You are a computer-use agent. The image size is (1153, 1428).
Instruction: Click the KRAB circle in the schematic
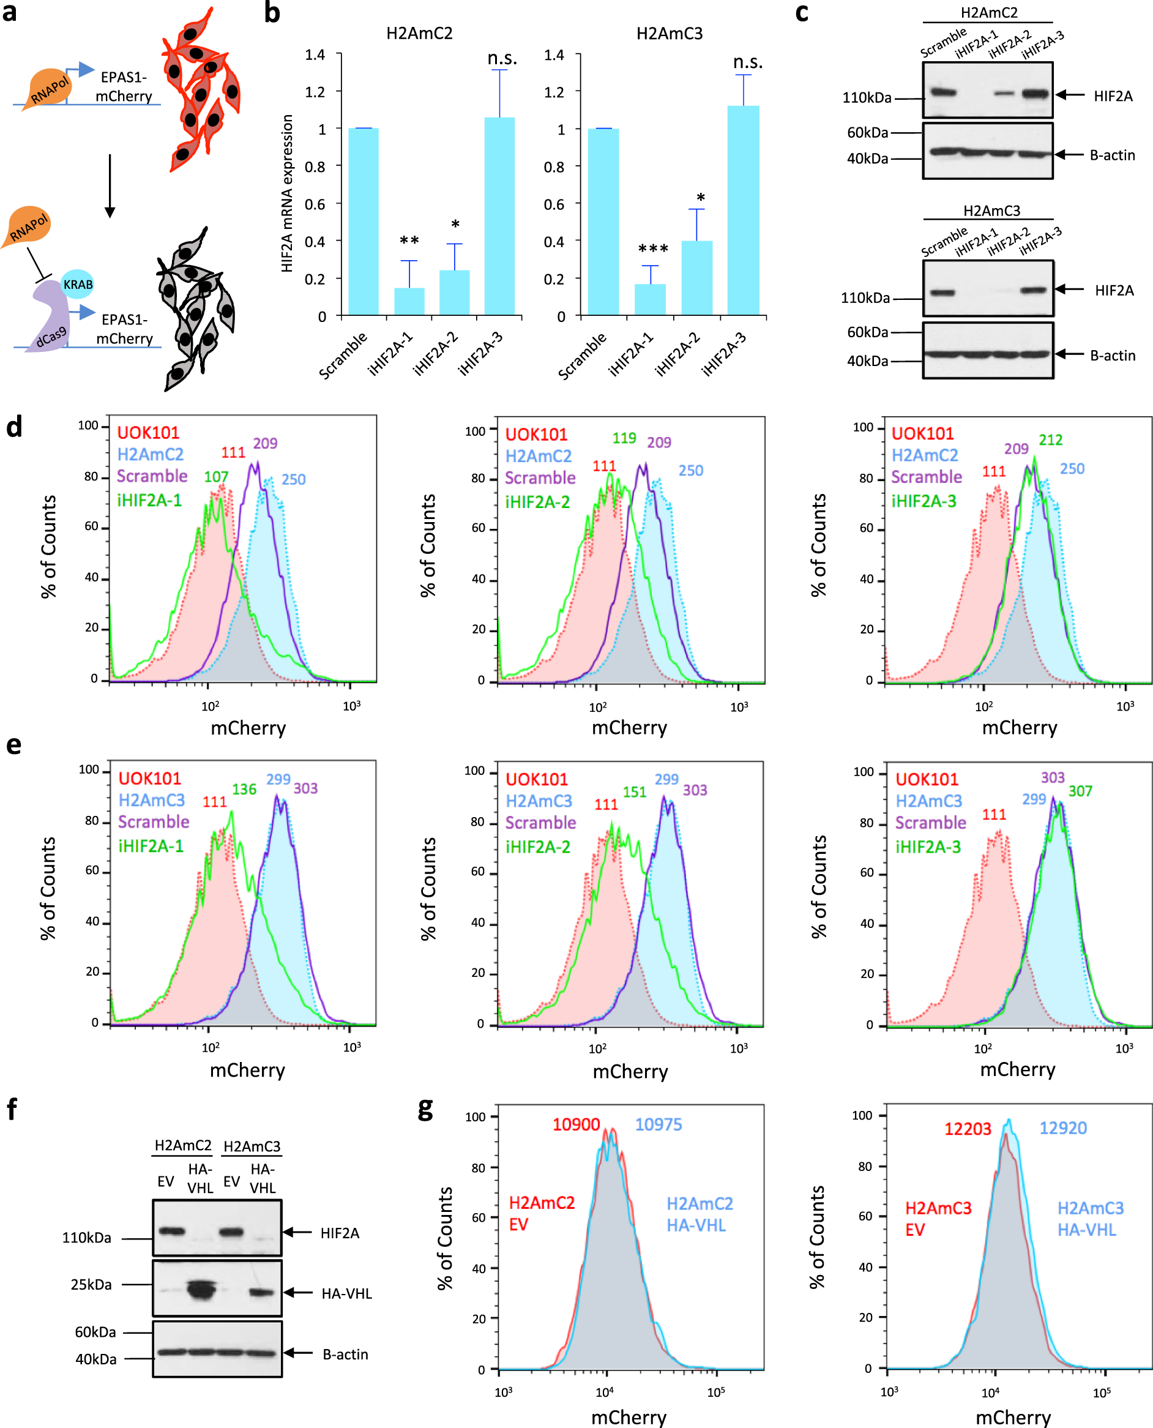point(78,284)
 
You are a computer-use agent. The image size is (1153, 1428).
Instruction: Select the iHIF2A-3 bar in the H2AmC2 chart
point(499,216)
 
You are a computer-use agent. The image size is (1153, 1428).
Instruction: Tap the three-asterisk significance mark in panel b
point(653,249)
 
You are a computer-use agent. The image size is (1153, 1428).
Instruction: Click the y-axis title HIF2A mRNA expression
point(287,193)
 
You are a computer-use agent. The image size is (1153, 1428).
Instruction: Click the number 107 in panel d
point(216,476)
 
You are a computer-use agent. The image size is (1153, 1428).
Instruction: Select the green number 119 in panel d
point(624,438)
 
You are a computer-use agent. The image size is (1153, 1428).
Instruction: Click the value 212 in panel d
point(1050,439)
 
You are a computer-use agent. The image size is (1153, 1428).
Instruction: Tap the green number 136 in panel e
point(244,789)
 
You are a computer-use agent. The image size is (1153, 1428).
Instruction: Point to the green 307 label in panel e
point(1080,791)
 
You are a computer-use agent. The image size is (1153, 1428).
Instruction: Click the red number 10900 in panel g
point(576,1124)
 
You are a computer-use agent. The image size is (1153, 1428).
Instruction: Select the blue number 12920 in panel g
point(1062,1128)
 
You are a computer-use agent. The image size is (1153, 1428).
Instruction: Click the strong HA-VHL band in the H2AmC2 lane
point(201,1290)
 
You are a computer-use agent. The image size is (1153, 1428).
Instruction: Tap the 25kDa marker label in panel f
point(91,1285)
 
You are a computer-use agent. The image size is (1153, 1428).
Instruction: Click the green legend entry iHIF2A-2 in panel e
point(537,847)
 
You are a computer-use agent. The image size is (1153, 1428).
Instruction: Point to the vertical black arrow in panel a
point(110,186)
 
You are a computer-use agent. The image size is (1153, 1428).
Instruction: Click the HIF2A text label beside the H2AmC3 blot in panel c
point(1114,290)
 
